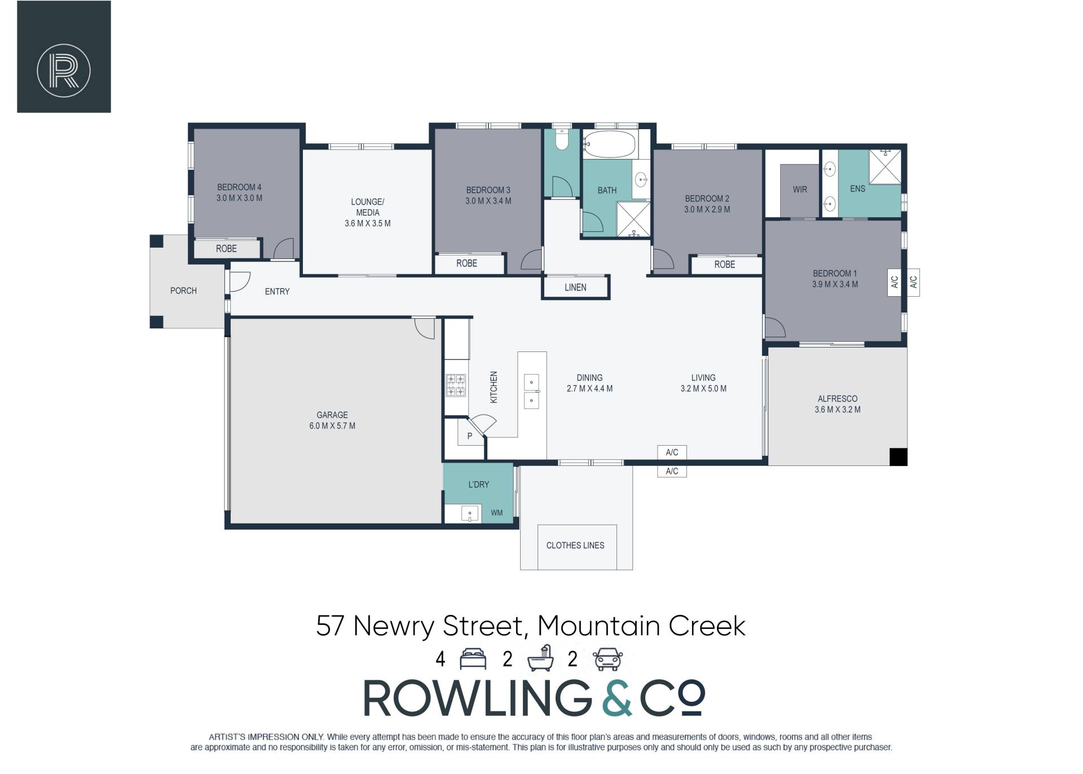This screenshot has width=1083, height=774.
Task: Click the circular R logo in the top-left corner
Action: [x=64, y=71]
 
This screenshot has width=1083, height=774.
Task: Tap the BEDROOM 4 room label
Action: [x=239, y=187]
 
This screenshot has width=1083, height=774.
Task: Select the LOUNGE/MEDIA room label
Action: [x=367, y=207]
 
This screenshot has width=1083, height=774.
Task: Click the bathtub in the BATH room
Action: [x=609, y=144]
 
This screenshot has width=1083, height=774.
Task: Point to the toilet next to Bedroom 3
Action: [x=561, y=139]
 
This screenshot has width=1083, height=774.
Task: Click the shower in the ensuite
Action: [x=885, y=166]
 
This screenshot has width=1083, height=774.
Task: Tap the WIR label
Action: [x=800, y=190]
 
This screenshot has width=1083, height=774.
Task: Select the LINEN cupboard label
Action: [x=575, y=287]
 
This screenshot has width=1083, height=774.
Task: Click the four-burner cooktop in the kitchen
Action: [x=456, y=385]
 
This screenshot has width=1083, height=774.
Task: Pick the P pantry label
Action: [x=469, y=436]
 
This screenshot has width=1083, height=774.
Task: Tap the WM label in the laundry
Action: [x=496, y=513]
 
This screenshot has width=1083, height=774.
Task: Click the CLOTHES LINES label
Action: [x=575, y=545]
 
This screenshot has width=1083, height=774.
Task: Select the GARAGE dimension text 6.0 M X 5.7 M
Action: [x=332, y=426]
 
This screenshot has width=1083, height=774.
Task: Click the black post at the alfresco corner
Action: [x=899, y=457]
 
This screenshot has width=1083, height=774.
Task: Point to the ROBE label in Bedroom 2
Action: [x=725, y=264]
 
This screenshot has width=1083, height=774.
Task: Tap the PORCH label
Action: [x=183, y=291]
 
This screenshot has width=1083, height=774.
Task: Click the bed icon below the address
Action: [x=473, y=659]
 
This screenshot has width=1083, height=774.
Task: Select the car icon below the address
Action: [x=607, y=659]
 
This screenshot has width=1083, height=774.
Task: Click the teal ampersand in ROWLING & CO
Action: [x=617, y=698]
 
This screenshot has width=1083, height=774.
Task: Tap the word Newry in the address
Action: [x=394, y=626]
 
